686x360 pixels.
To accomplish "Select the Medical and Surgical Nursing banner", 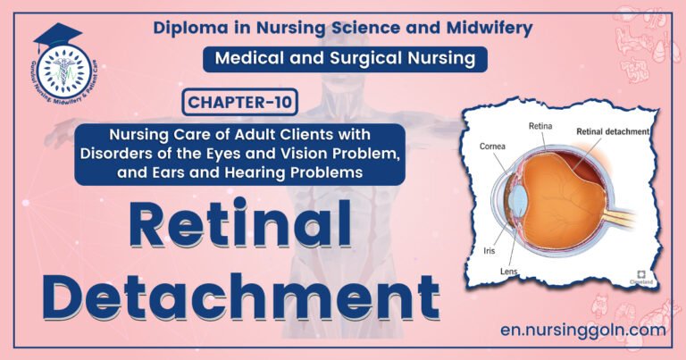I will pos(348,59).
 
